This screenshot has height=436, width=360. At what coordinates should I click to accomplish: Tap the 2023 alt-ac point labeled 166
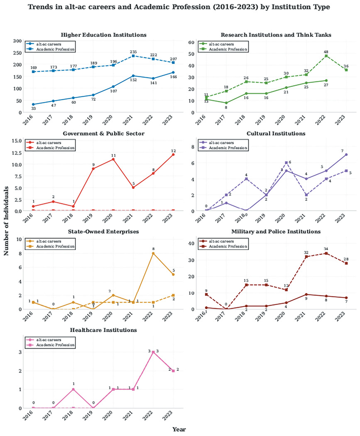pos(173,72)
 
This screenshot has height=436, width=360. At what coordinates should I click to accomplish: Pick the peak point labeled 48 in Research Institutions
pos(326,56)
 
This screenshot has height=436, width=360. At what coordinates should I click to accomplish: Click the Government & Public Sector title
pos(103,133)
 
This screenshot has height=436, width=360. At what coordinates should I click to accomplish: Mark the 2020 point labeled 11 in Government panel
pos(113,159)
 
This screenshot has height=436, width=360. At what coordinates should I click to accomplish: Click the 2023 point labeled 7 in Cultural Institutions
pos(346,154)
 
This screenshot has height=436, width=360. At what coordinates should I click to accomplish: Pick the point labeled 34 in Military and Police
pos(326,253)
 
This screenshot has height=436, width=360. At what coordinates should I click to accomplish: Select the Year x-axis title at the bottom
pos(179,429)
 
